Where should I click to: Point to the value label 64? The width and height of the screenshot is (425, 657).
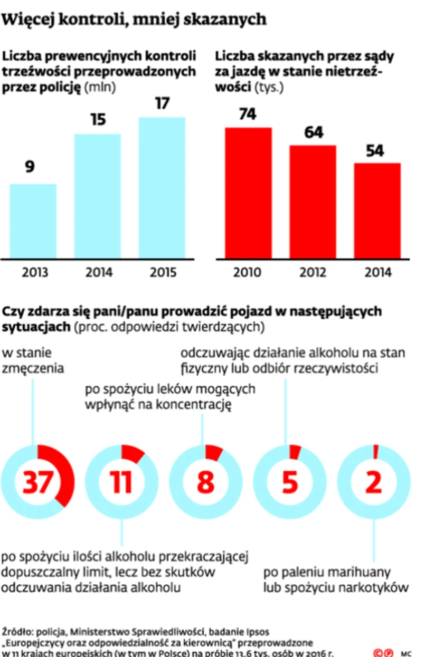[313, 132]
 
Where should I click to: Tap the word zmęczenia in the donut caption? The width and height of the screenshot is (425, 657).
[33, 368]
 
